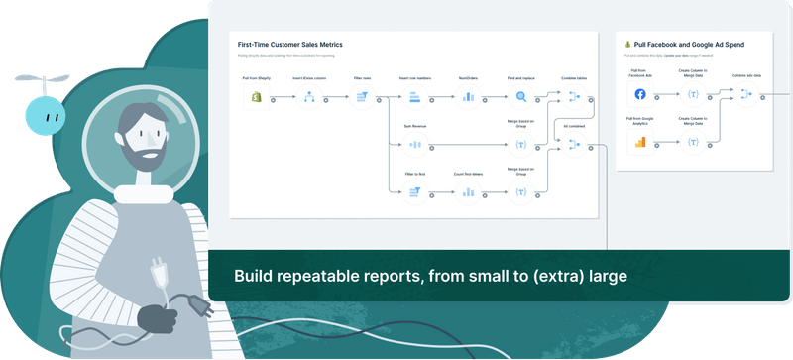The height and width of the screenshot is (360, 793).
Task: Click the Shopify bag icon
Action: [255, 97]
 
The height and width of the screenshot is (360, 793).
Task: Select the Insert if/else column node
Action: [308, 97]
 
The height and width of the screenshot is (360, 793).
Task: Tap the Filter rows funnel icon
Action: [362, 97]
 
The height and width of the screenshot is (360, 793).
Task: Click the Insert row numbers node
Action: [415, 97]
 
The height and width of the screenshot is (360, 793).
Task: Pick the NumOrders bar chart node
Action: [468, 97]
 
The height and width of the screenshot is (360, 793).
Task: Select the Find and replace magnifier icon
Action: [521, 97]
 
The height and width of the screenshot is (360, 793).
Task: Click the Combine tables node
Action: [574, 97]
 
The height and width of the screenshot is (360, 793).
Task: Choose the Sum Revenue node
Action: [415, 146]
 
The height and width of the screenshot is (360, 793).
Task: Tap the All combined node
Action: [574, 145]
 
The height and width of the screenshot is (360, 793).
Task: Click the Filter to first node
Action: [415, 192]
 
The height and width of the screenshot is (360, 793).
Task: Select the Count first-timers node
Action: [468, 192]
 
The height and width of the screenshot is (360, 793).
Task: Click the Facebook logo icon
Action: [639, 95]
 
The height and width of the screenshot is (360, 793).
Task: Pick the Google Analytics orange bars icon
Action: [639, 142]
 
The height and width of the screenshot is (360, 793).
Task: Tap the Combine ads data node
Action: [746, 93]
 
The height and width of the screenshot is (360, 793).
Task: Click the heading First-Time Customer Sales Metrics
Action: [290, 46]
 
